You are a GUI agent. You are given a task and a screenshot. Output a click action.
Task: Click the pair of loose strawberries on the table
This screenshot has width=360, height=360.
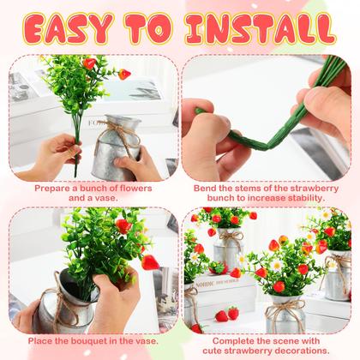click(x=227, y=315)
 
